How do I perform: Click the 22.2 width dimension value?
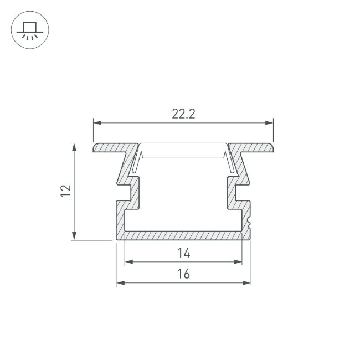pos(183,114)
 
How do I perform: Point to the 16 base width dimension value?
pos(184,274)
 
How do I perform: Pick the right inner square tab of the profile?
pos(232,192)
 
